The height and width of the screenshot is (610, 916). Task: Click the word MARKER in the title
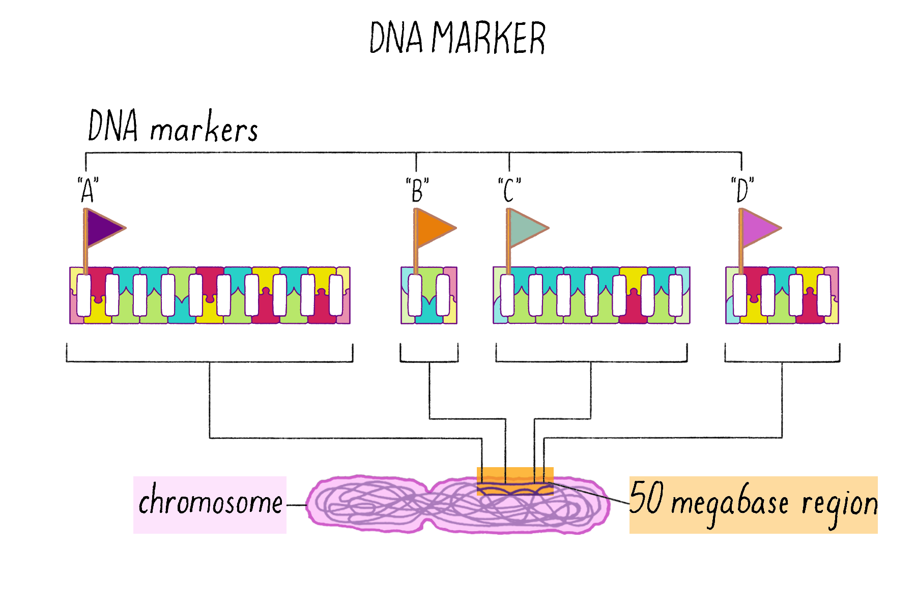(489, 38)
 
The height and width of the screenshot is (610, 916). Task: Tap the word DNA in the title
(396, 38)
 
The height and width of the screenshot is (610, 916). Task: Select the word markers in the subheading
(204, 130)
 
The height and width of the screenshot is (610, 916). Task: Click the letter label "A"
(88, 190)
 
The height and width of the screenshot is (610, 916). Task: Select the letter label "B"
(417, 190)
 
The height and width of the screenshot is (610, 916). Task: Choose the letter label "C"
(509, 190)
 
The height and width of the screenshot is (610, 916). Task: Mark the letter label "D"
(742, 190)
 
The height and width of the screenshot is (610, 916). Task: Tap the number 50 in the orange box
(646, 498)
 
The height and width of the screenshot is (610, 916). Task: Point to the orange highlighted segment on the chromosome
(515, 481)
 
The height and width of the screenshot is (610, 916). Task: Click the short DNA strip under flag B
(429, 295)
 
